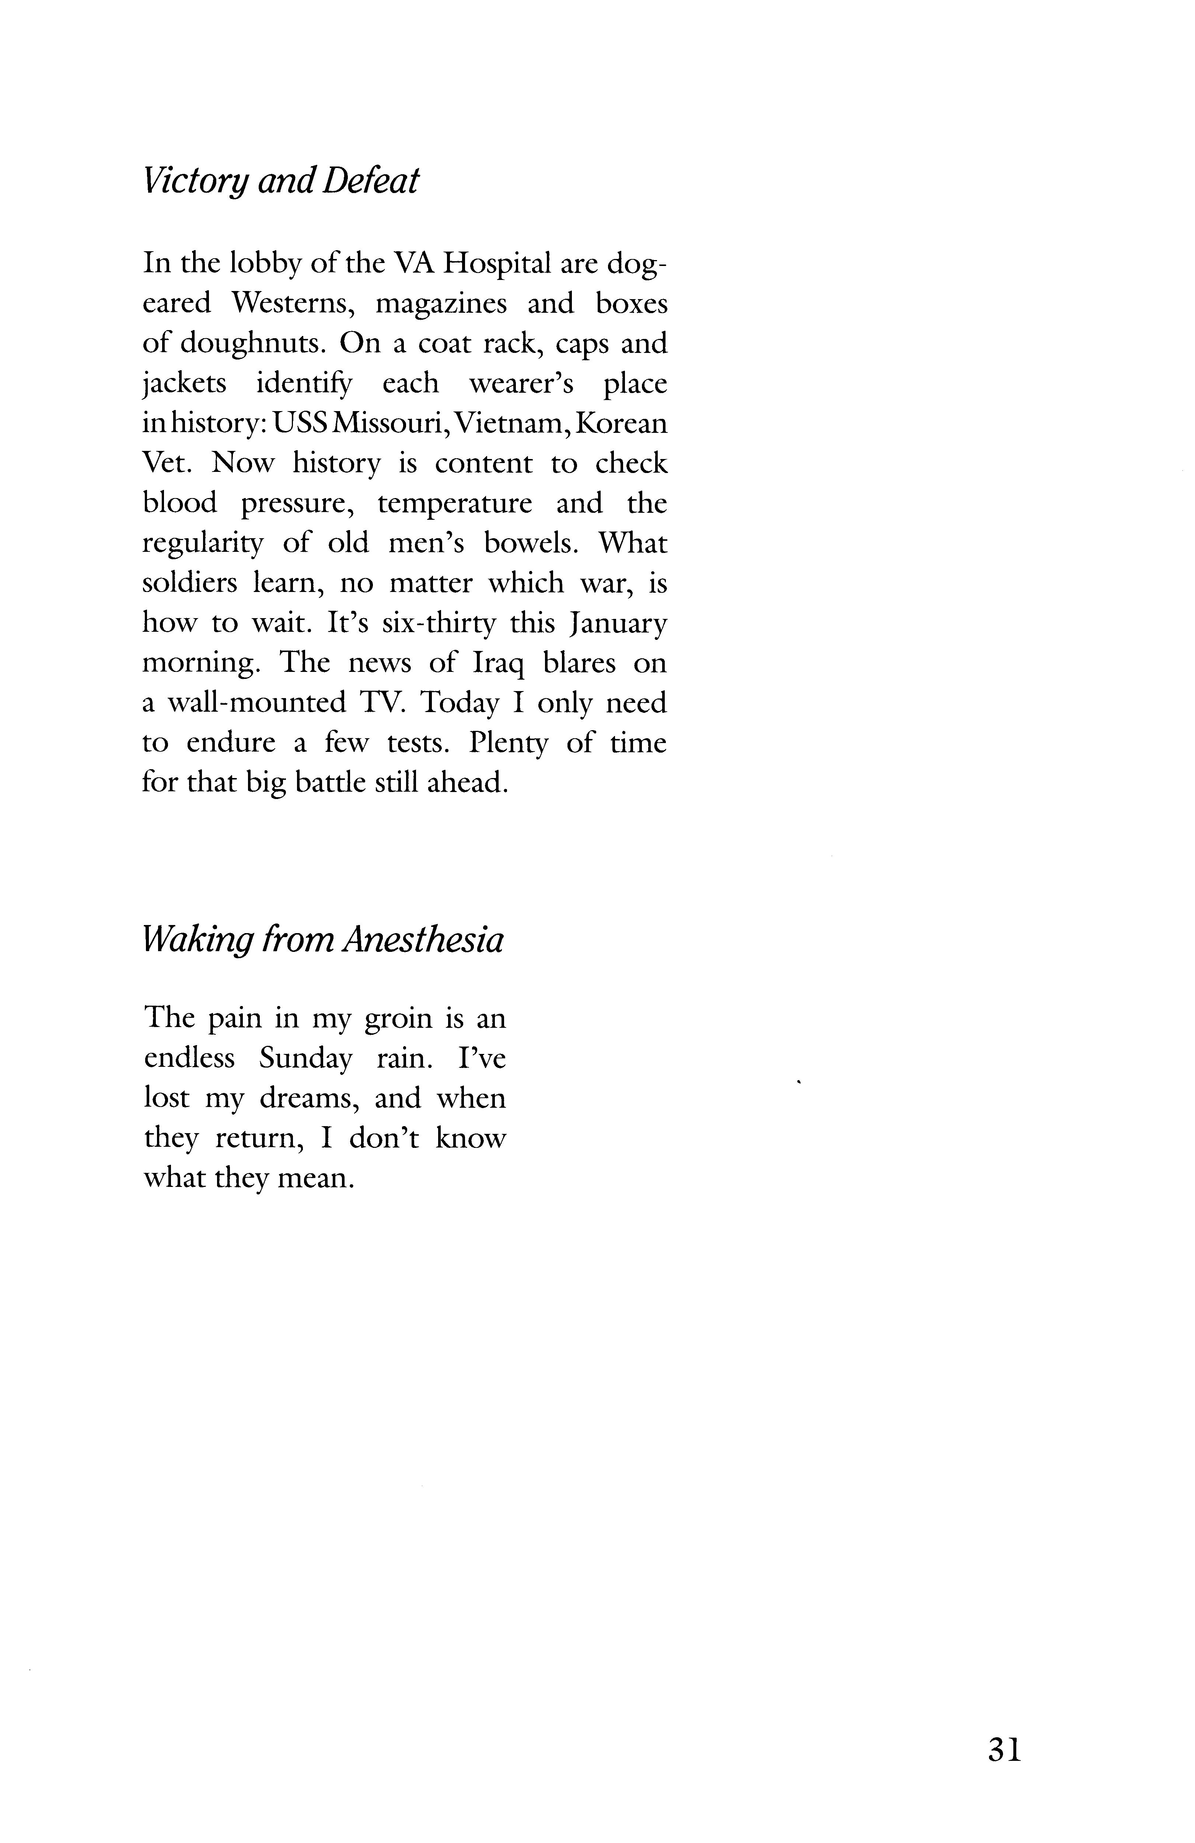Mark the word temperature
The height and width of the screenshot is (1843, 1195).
pos(455,503)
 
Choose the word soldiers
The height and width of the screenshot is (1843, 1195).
pos(190,583)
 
